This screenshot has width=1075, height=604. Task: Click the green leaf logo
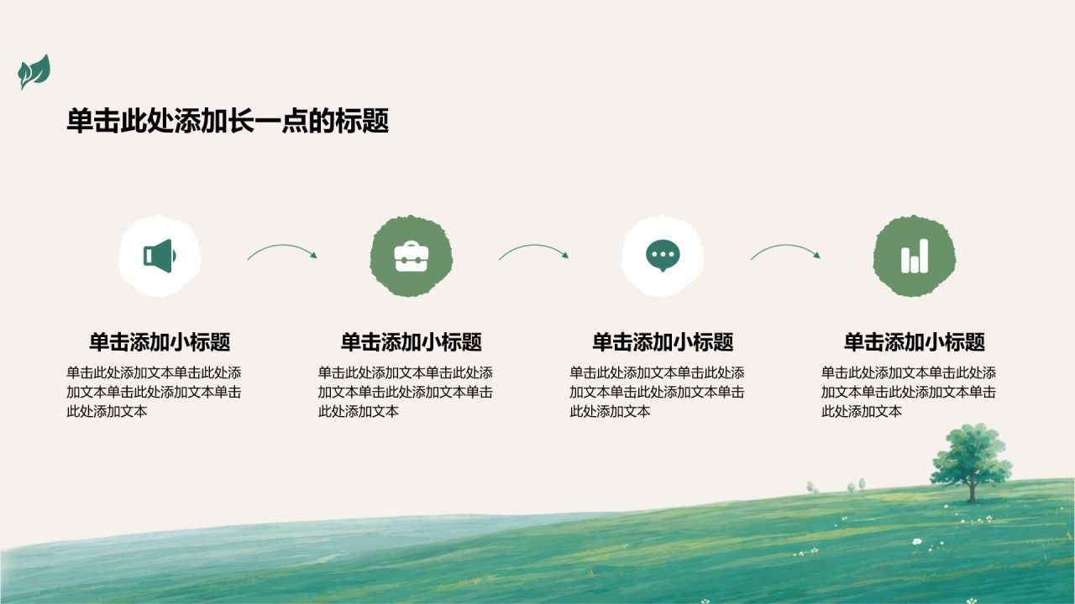pyautogui.click(x=34, y=72)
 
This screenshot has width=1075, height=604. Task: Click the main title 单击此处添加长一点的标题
pyautogui.click(x=228, y=120)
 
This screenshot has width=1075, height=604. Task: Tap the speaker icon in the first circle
pyautogui.click(x=160, y=256)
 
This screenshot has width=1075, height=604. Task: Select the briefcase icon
pyautogui.click(x=412, y=257)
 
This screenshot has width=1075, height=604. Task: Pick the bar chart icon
pyautogui.click(x=915, y=256)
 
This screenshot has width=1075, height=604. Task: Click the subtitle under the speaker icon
pyautogui.click(x=160, y=342)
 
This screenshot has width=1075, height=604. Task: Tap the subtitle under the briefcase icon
pyautogui.click(x=412, y=342)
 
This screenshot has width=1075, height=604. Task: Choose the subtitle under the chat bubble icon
pyautogui.click(x=663, y=342)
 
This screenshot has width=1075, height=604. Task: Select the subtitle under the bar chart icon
pyautogui.click(x=915, y=342)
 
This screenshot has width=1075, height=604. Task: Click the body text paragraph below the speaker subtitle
pyautogui.click(x=154, y=392)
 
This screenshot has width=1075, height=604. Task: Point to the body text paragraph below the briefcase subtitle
pyautogui.click(x=405, y=392)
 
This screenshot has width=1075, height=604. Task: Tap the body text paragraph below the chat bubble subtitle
pyautogui.click(x=657, y=392)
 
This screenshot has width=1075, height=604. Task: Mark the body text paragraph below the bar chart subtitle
pyautogui.click(x=908, y=392)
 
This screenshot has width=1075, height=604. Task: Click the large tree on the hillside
pyautogui.click(x=972, y=461)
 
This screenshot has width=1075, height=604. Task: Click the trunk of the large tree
pyautogui.click(x=973, y=490)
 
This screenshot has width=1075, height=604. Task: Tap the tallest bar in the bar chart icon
pyautogui.click(x=924, y=256)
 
